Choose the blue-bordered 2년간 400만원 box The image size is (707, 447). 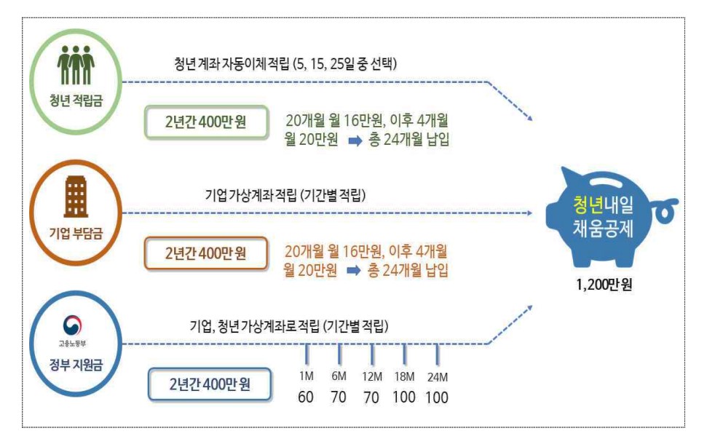pos(209,384)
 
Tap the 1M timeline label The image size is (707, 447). pos(306,376)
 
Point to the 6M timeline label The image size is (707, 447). pos(339,376)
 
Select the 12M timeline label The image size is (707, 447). pos(372,376)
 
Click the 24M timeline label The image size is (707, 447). pos(437,376)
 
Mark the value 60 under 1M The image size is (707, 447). pos(306,397)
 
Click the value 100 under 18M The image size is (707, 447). pos(404,397)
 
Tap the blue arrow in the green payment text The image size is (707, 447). pos(354,140)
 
